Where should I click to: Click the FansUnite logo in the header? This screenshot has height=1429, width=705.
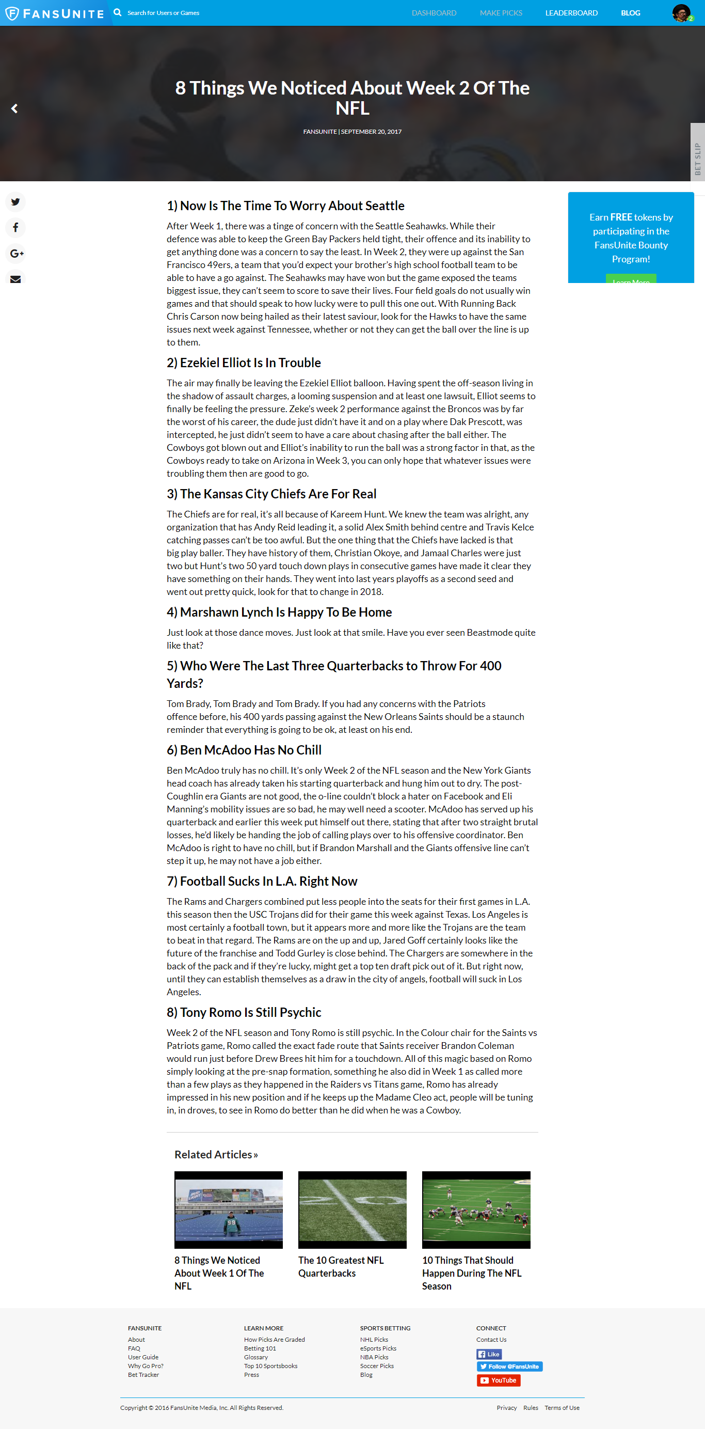pos(54,13)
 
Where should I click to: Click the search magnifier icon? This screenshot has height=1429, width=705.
pos(118,12)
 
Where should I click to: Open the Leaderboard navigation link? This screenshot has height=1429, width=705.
pos(571,13)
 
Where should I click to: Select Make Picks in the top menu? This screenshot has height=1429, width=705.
pos(501,13)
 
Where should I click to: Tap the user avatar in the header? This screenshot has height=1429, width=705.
pos(681,12)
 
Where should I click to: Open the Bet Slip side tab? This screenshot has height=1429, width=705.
pos(697,159)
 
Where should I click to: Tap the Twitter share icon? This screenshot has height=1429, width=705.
pos(15,202)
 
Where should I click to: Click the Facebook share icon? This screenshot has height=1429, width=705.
pos(15,227)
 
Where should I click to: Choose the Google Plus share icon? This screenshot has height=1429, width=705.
pos(16,254)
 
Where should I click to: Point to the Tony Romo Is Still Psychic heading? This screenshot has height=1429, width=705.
pos(244,1012)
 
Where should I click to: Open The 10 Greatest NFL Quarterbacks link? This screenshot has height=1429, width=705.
pos(340,1266)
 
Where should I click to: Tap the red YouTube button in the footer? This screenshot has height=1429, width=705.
pos(498,1379)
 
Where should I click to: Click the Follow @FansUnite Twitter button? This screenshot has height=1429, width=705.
pos(509,1366)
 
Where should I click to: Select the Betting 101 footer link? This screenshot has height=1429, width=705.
pos(260,1348)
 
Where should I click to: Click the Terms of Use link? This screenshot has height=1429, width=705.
pos(562,1407)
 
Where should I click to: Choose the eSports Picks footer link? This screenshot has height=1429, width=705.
pos(378,1348)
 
